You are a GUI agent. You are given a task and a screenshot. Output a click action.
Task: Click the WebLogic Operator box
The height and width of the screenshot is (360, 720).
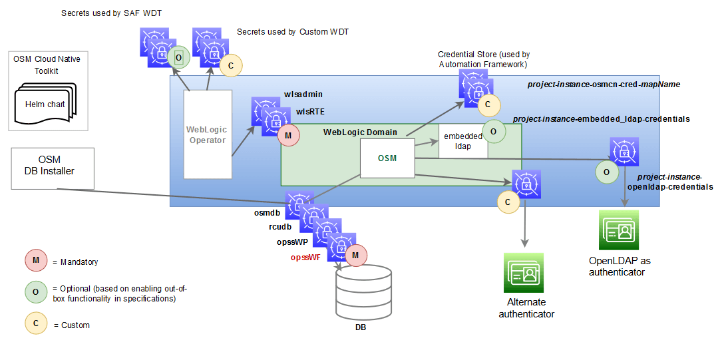[207, 134]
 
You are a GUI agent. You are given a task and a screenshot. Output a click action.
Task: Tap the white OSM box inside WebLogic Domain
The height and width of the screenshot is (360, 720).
[387, 158]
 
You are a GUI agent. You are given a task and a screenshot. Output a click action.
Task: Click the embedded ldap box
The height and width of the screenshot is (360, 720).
[463, 140]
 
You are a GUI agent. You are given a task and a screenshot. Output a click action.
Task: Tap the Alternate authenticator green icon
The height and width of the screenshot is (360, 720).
[524, 273]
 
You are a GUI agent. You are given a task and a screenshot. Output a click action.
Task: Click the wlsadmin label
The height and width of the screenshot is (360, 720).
[303, 96]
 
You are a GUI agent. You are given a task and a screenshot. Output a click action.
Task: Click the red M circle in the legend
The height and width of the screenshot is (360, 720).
[35, 261]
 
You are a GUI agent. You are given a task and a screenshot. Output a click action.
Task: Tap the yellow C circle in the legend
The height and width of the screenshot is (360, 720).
[35, 324]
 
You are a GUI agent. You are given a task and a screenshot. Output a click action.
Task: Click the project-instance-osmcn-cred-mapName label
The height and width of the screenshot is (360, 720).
[603, 85]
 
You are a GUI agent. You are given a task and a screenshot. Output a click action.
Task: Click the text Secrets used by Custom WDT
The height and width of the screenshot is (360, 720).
[293, 31]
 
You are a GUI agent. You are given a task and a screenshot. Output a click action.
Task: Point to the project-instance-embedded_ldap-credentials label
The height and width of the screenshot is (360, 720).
[601, 118]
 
